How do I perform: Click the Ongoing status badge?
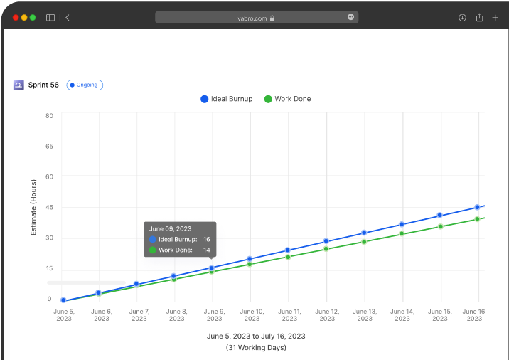85,85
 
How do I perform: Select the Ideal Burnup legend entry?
227,99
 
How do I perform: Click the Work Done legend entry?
287,99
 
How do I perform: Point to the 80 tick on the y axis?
49,115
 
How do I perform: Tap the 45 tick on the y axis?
49,207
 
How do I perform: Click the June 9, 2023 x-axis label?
214,314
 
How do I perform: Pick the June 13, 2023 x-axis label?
364,314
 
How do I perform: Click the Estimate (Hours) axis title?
33,207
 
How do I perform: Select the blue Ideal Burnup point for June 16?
477,207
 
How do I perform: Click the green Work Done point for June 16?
477,219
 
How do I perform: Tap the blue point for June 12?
326,241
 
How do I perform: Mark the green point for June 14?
402,233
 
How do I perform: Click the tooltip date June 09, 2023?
171,228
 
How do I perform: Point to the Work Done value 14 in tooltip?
206,250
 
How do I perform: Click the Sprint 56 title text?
43,85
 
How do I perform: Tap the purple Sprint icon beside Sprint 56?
18,85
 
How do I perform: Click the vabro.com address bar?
256,17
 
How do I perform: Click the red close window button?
15,17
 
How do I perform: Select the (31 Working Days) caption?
256,347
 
